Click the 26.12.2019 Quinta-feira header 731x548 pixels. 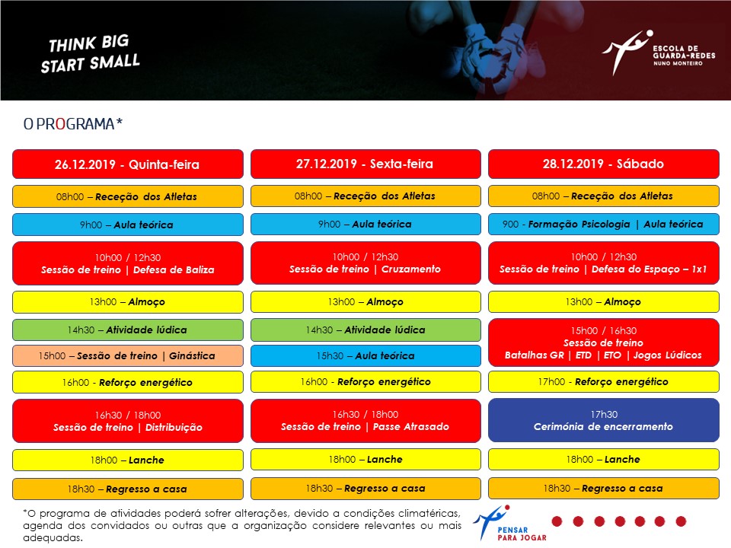tap(128, 164)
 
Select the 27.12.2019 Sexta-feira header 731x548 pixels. tap(365, 164)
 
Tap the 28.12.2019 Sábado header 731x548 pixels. tap(604, 164)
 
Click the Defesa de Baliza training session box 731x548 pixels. tap(128, 263)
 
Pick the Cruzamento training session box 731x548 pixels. tap(365, 263)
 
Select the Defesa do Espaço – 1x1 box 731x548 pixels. tap(604, 263)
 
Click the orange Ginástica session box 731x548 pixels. tap(128, 356)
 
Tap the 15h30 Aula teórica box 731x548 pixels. tap(365, 356)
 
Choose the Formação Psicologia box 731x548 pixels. tap(604, 224)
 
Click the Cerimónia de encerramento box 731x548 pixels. tap(604, 420)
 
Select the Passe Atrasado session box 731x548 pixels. tap(365, 420)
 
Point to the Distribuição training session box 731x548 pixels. tap(128, 421)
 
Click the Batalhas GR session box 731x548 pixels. tap(604, 343)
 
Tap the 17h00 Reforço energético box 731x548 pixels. tap(604, 382)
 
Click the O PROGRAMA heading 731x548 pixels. tap(73, 124)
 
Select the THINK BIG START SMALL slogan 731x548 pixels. tap(90, 53)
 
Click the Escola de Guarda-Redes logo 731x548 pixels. tap(658, 53)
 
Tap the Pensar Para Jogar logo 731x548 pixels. tap(509, 524)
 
